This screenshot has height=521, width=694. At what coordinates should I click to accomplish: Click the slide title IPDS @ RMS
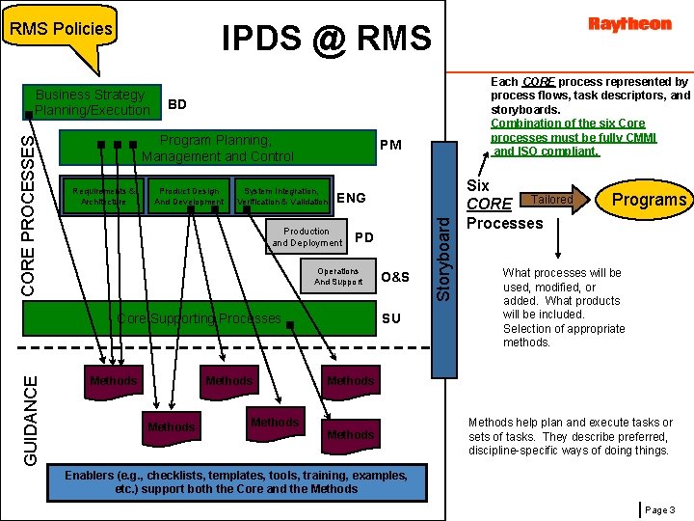(326, 38)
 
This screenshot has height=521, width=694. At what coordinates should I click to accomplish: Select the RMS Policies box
(61, 29)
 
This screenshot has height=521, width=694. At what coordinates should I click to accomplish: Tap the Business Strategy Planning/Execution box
(91, 102)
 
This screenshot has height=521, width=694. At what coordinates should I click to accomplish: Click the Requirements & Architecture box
(103, 196)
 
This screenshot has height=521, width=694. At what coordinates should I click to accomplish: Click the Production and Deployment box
(307, 237)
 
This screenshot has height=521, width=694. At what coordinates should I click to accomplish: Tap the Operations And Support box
(336, 277)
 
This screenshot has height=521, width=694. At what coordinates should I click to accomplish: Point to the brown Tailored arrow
(554, 200)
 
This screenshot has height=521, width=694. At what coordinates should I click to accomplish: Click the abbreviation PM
(390, 146)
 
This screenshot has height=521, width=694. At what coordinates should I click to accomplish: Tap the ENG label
(352, 198)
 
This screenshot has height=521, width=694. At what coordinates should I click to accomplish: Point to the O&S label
(395, 278)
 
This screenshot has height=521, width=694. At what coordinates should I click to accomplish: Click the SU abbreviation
(390, 318)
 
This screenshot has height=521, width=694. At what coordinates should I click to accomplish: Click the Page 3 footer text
(659, 508)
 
